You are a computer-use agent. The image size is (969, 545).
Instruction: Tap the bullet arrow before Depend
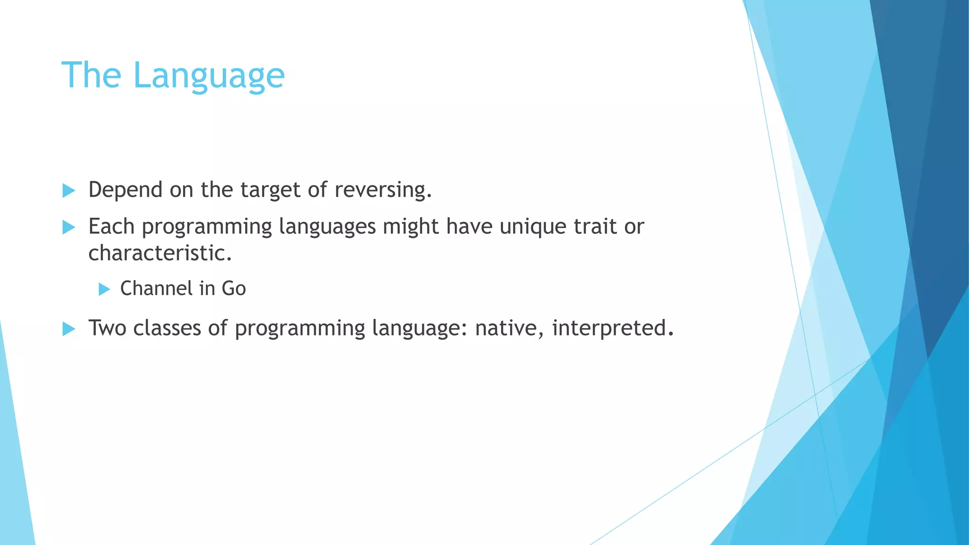[x=69, y=191]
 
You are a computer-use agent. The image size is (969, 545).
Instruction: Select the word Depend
[x=125, y=190]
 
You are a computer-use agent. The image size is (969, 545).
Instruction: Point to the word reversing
[x=382, y=190]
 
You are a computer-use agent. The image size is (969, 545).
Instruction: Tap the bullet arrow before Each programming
[x=69, y=228]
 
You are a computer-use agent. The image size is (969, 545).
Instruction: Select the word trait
[x=595, y=226]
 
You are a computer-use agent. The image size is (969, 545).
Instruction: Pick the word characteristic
[x=159, y=253]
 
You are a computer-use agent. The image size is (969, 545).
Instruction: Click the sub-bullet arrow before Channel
[x=104, y=289]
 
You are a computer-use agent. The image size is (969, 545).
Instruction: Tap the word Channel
[x=156, y=288]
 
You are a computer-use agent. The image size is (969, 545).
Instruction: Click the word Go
[x=234, y=288]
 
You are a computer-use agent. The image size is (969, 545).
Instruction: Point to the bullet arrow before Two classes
[x=69, y=329]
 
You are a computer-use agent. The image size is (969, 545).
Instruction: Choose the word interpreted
[x=612, y=328]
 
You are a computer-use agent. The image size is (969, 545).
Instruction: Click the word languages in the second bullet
[x=327, y=227]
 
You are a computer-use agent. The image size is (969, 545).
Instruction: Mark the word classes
[x=167, y=328]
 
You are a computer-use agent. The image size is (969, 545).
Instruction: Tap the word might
[x=411, y=227]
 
